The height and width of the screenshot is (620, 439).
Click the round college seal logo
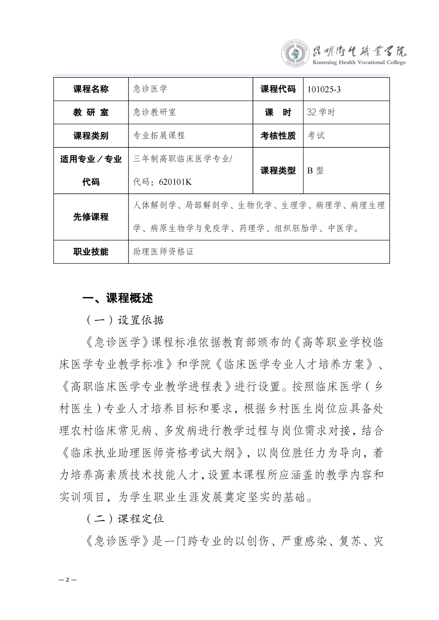(295, 54)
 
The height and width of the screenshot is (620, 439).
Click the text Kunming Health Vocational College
(359, 63)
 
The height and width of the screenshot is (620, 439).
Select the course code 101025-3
(324, 90)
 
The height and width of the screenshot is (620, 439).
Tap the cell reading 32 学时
(321, 112)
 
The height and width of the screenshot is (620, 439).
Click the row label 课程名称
(91, 89)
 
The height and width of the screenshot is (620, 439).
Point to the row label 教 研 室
(91, 113)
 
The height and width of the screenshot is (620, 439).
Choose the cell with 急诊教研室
(154, 112)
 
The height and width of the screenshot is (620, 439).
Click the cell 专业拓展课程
(159, 136)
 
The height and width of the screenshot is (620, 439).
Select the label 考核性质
(278, 136)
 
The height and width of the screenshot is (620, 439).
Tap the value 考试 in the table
(316, 136)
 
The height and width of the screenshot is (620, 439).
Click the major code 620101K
(175, 182)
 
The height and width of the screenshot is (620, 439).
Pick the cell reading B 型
(315, 171)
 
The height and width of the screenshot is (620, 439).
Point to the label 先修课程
(91, 217)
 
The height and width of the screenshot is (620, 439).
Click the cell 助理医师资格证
(163, 252)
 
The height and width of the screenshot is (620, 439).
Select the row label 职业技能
(91, 252)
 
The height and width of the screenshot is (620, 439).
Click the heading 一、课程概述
(118, 298)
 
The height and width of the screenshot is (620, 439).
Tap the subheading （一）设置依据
(125, 320)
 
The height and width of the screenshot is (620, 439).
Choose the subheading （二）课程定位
(125, 519)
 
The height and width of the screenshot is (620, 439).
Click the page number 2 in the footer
(68, 580)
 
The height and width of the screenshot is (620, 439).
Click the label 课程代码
(278, 89)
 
